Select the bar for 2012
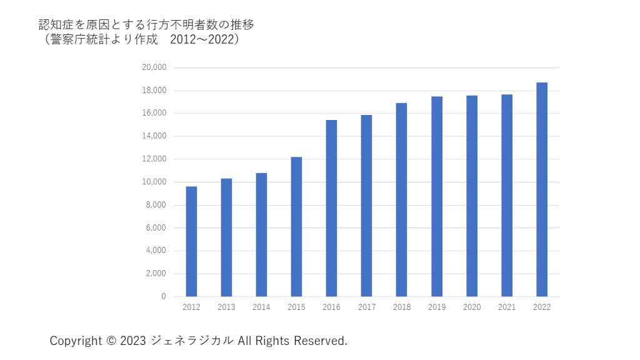pyautogui.click(x=191, y=241)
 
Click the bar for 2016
pyautogui.click(x=331, y=208)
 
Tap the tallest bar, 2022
pyautogui.click(x=542, y=189)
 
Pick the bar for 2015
pyautogui.click(x=296, y=226)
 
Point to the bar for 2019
pyautogui.click(x=437, y=196)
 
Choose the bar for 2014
pyautogui.click(x=261, y=234)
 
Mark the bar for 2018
pyautogui.click(x=401, y=199)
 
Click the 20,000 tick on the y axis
pyautogui.click(x=154, y=67)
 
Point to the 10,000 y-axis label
pyautogui.click(x=154, y=182)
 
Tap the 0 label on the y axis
pyautogui.click(x=164, y=296)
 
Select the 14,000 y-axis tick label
pyautogui.click(x=154, y=136)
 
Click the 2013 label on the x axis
pyautogui.click(x=226, y=307)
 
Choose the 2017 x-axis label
pyautogui.click(x=366, y=307)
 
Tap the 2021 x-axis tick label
pyautogui.click(x=507, y=307)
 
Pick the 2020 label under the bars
pyautogui.click(x=472, y=307)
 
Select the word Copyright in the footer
pyautogui.click(x=76, y=341)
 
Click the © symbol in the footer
pyautogui.click(x=111, y=341)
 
